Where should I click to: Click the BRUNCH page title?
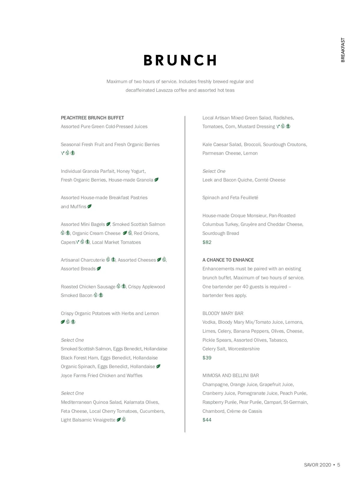[180, 60]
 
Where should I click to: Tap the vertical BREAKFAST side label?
[343, 50]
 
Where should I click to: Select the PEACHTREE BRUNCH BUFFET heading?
[92, 118]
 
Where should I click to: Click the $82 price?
[207, 242]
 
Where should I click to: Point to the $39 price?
[207, 358]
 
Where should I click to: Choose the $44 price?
[207, 420]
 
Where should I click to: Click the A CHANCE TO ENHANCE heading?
[228, 260]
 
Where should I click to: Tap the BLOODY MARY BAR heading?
[223, 313]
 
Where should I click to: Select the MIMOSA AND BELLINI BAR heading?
[231, 376]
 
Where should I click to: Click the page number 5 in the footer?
[339, 465]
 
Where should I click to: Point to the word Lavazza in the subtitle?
[164, 90]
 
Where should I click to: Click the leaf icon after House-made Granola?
[156, 180]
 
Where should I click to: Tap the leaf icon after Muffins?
[89, 206]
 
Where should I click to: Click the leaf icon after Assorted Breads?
[99, 268]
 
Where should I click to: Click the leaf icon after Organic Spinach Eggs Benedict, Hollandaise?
[158, 366]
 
